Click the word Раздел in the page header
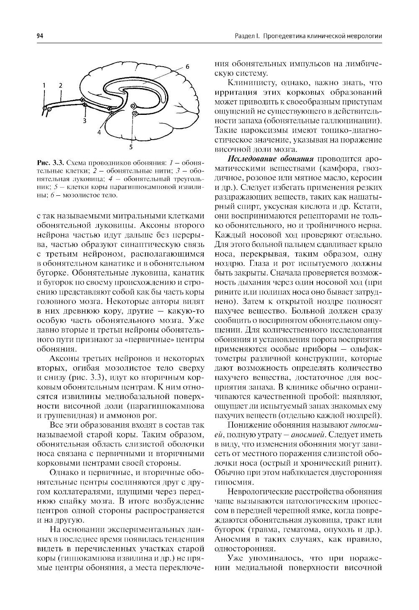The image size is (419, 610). tap(243, 36)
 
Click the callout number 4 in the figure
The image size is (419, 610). tap(99, 132)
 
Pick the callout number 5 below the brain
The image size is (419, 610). tap(131, 147)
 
